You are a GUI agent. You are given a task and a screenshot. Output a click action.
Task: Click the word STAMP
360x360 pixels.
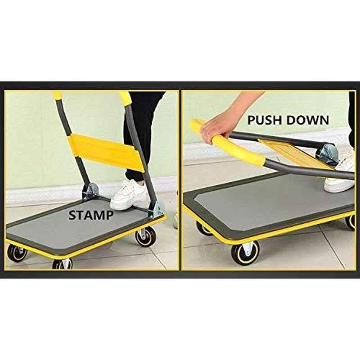pyautogui.click(x=91, y=215)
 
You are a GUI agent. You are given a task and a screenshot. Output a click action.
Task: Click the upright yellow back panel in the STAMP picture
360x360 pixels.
pyautogui.click(x=106, y=152)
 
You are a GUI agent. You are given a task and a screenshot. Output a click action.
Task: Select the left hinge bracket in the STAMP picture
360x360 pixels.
pyautogui.click(x=90, y=191)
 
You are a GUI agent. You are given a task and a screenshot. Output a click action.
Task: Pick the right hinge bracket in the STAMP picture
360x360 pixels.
pyautogui.click(x=156, y=209)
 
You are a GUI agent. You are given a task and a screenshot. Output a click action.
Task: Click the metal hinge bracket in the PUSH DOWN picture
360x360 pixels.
pyautogui.click(x=327, y=153)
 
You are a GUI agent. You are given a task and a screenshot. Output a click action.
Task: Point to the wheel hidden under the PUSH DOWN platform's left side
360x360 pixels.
pyautogui.click(x=204, y=229)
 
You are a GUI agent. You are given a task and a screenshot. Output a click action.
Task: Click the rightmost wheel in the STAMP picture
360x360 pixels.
pyautogui.click(x=145, y=237)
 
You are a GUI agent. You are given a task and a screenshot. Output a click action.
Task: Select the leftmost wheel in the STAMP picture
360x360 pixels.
pyautogui.click(x=17, y=253)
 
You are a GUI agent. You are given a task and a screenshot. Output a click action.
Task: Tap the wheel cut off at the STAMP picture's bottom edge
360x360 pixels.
pyautogui.click(x=62, y=264)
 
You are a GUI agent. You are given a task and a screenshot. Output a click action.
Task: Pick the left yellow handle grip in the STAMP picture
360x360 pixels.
pyautogui.click(x=58, y=94)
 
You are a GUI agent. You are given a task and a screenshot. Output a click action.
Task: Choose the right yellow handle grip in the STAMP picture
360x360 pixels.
pyautogui.click(x=125, y=98)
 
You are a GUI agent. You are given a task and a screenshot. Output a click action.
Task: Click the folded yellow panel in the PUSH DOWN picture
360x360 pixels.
pyautogui.click(x=296, y=154)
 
